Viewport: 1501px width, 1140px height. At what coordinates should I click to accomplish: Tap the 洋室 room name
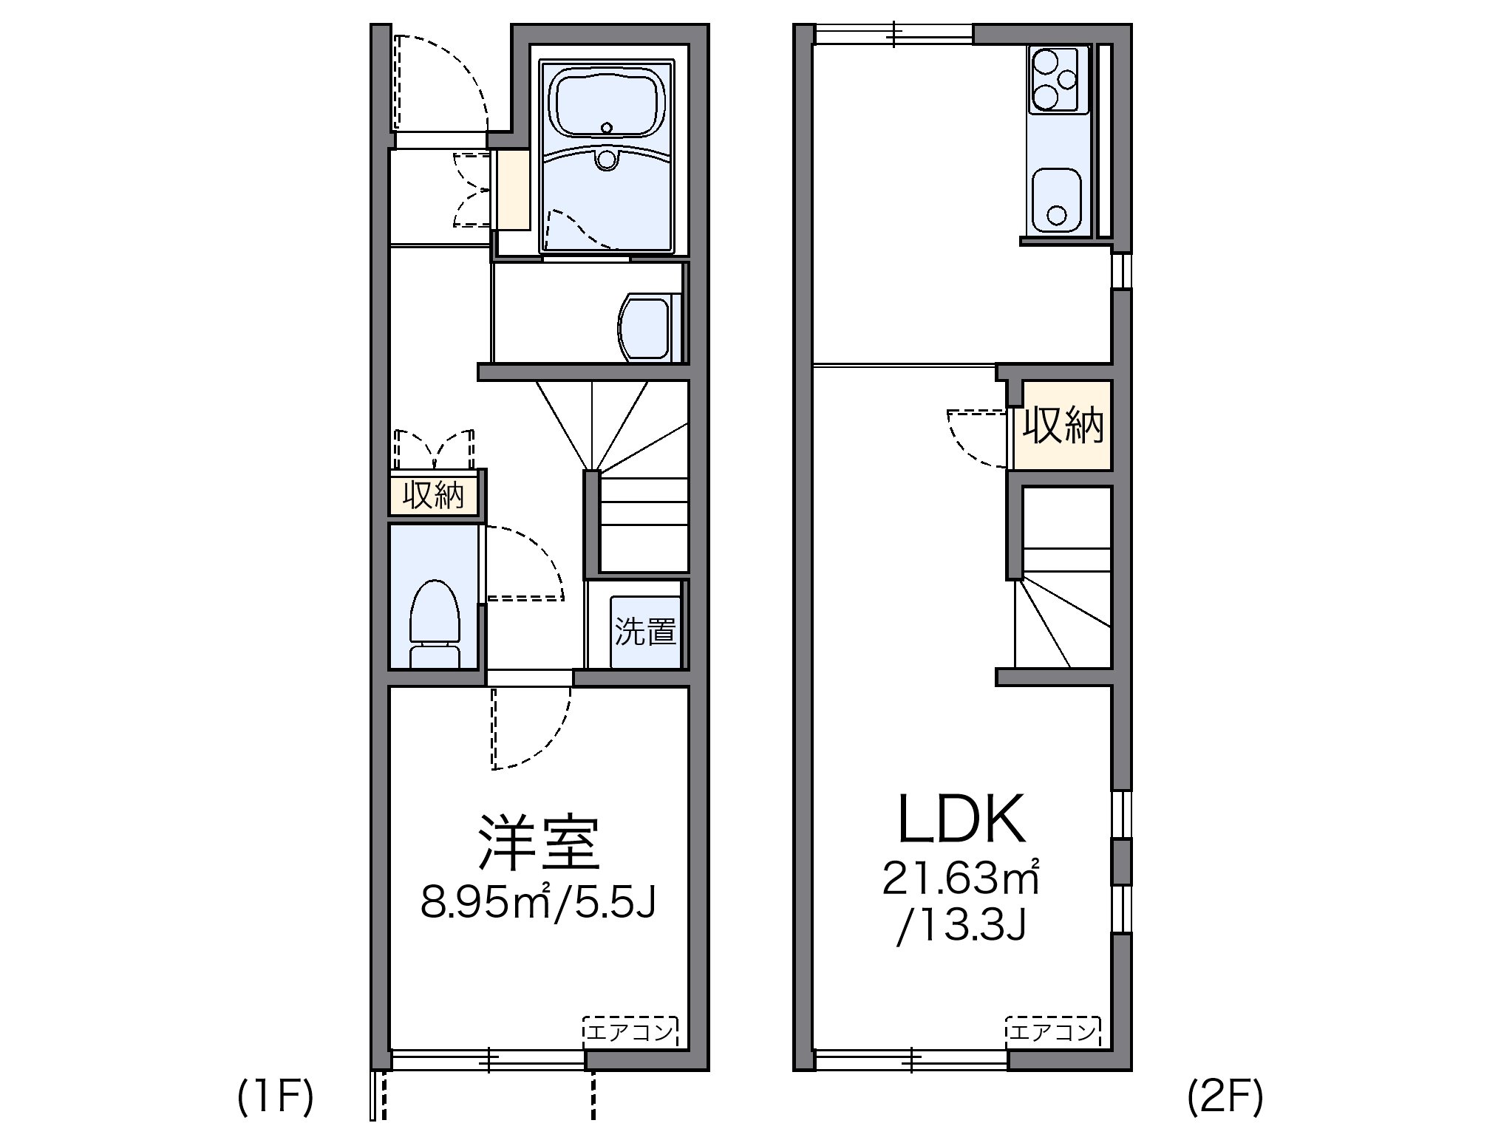coord(538,842)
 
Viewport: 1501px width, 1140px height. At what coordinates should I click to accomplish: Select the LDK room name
coord(961,820)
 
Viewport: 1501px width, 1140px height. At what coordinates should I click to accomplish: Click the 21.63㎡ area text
coord(961,879)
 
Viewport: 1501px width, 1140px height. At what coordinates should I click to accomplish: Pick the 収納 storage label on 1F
coord(433,494)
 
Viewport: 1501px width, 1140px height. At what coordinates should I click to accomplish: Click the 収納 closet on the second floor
coord(1063,426)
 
